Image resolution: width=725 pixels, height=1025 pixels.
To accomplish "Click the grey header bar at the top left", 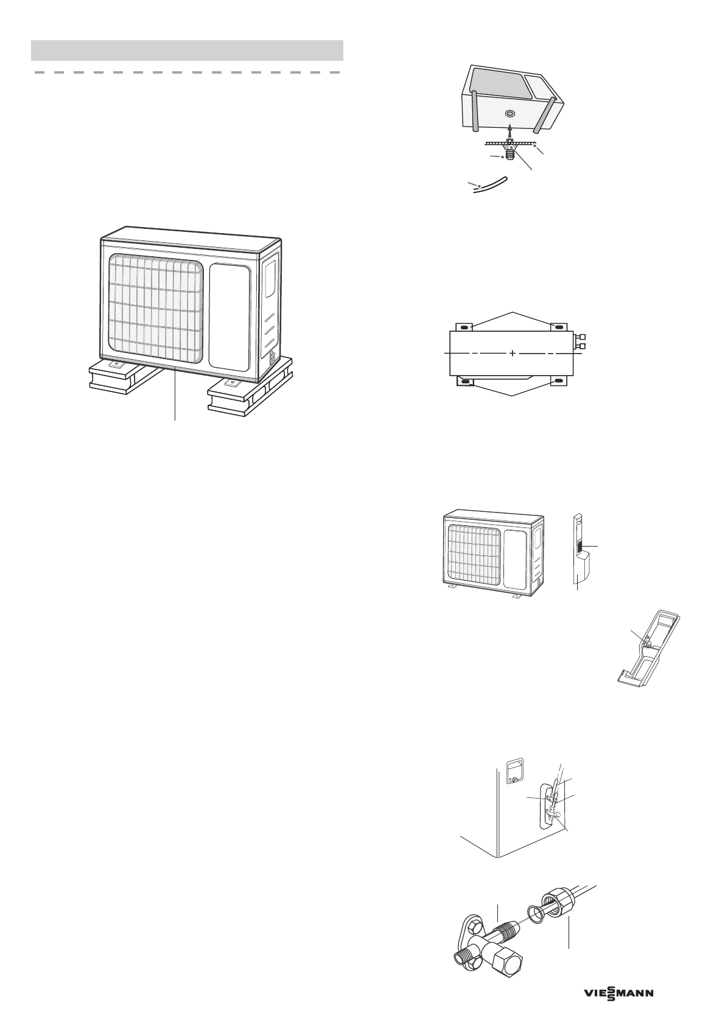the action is point(187,50).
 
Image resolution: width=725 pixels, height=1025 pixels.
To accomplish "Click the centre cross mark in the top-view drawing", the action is point(513,353).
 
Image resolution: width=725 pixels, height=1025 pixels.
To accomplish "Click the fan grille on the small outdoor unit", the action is point(475,551).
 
